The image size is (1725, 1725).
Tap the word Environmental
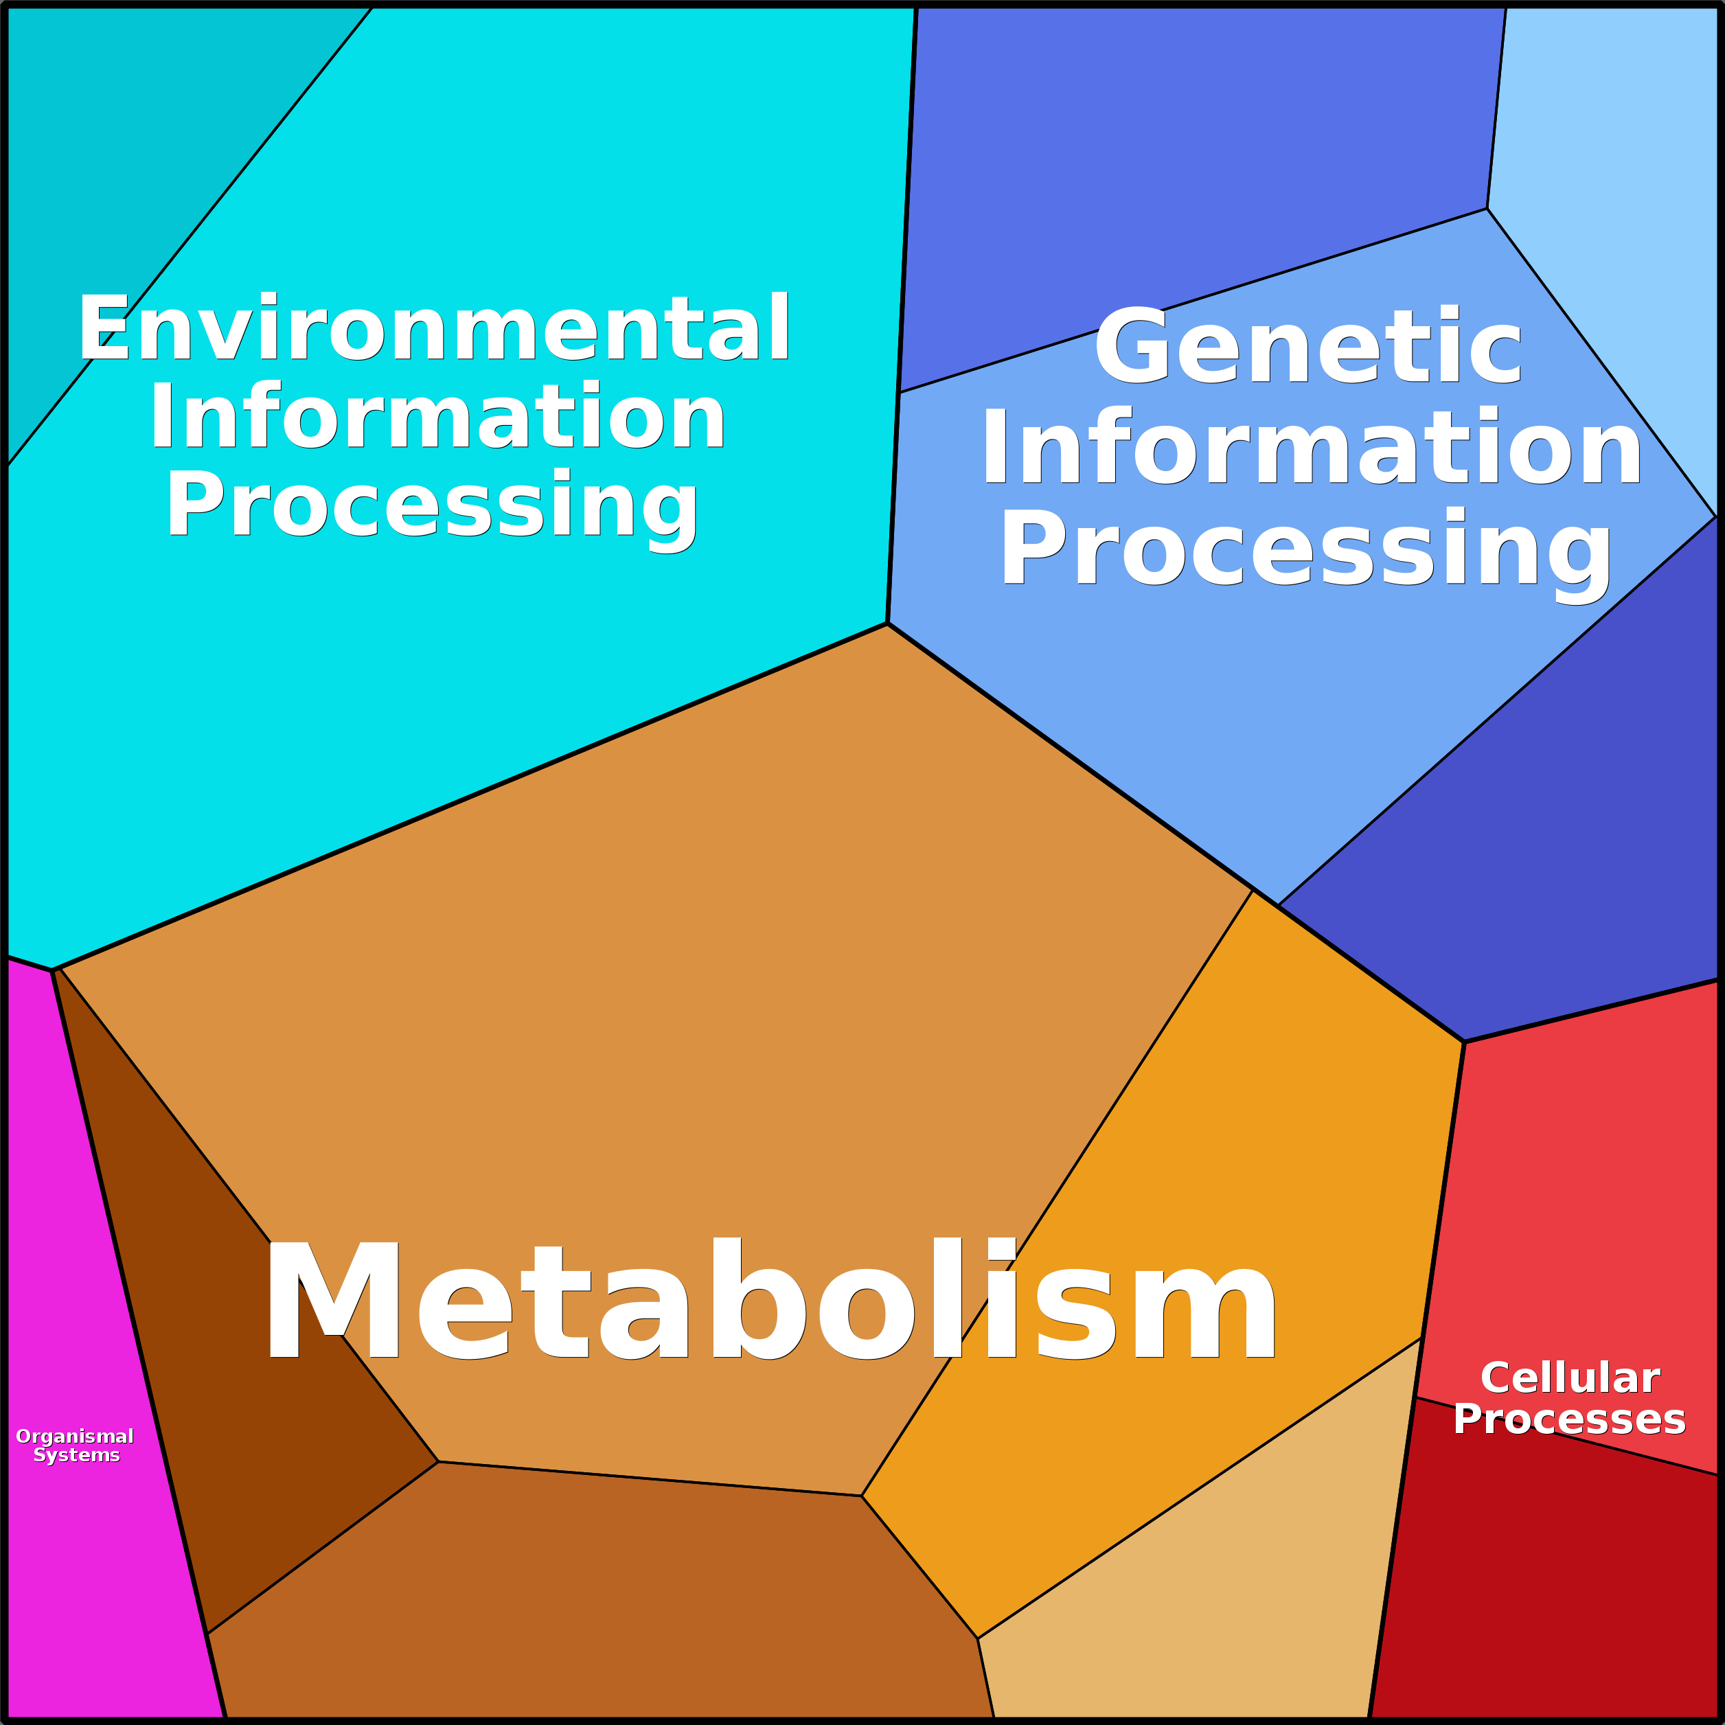(434, 328)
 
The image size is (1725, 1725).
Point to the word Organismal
(75, 1436)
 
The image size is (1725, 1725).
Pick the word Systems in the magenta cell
(77, 1455)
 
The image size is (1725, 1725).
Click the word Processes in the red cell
(1568, 1419)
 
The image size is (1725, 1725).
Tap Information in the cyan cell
(437, 417)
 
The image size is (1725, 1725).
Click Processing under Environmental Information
(432, 505)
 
